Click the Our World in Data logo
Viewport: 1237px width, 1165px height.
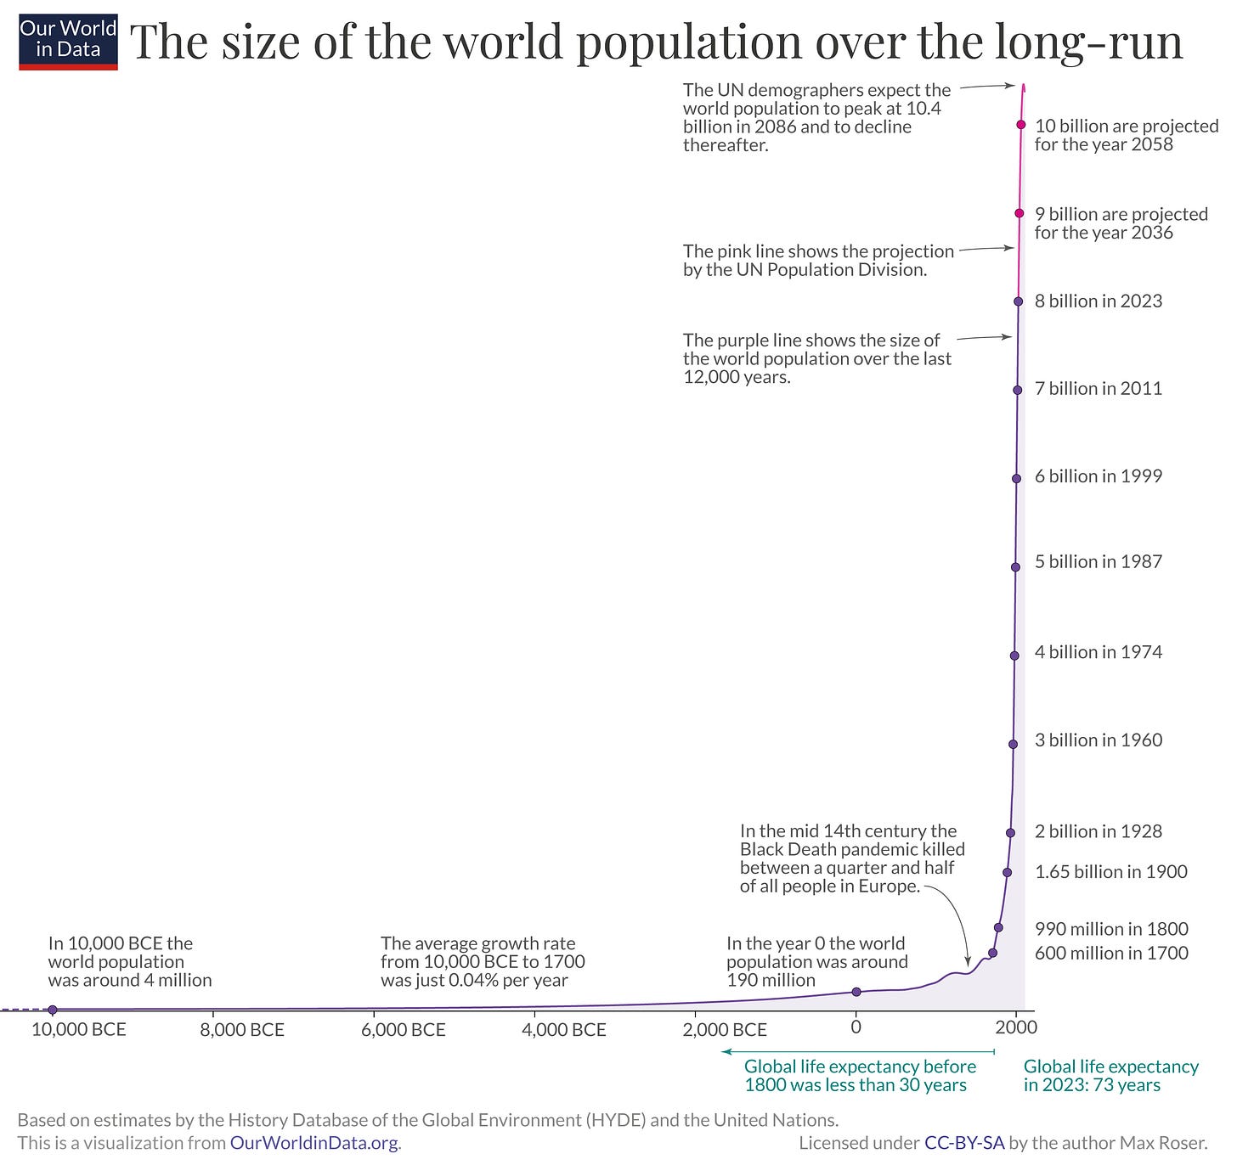click(68, 41)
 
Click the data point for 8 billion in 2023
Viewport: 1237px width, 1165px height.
click(1018, 301)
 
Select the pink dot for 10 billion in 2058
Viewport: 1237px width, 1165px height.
click(1021, 125)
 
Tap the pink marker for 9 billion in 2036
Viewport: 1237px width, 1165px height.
click(1020, 213)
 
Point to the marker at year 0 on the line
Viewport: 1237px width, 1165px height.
click(856, 992)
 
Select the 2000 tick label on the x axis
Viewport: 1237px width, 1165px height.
click(1016, 1027)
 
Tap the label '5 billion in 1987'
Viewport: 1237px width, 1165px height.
click(1098, 562)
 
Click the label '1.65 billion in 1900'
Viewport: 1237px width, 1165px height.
click(1110, 872)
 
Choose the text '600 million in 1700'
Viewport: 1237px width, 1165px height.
click(1110, 954)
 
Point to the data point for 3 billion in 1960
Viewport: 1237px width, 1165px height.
click(1013, 744)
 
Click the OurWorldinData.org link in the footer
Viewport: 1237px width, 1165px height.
click(313, 1143)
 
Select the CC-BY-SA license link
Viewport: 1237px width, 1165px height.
click(963, 1143)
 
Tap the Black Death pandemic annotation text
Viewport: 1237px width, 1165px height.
click(851, 858)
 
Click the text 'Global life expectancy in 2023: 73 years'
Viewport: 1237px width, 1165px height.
click(1110, 1076)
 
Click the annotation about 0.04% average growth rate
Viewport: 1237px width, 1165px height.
click(483, 961)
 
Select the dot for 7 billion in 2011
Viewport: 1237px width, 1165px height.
click(1017, 390)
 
